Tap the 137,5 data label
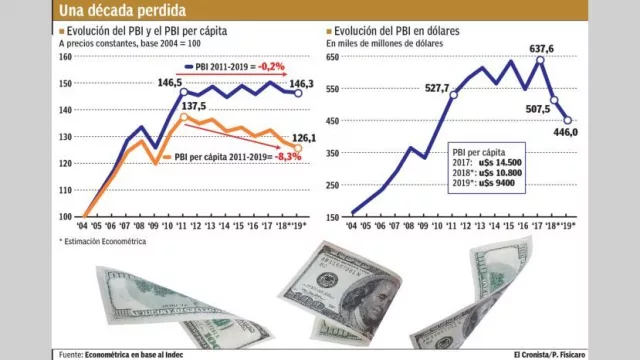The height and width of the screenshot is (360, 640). (x=193, y=105)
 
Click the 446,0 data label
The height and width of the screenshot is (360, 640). (x=566, y=131)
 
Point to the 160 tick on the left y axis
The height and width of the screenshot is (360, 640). (x=66, y=57)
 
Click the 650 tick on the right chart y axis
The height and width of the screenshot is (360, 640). (x=334, y=57)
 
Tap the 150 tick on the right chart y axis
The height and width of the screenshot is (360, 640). (x=334, y=216)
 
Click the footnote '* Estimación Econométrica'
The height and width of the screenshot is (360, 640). (x=103, y=241)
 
